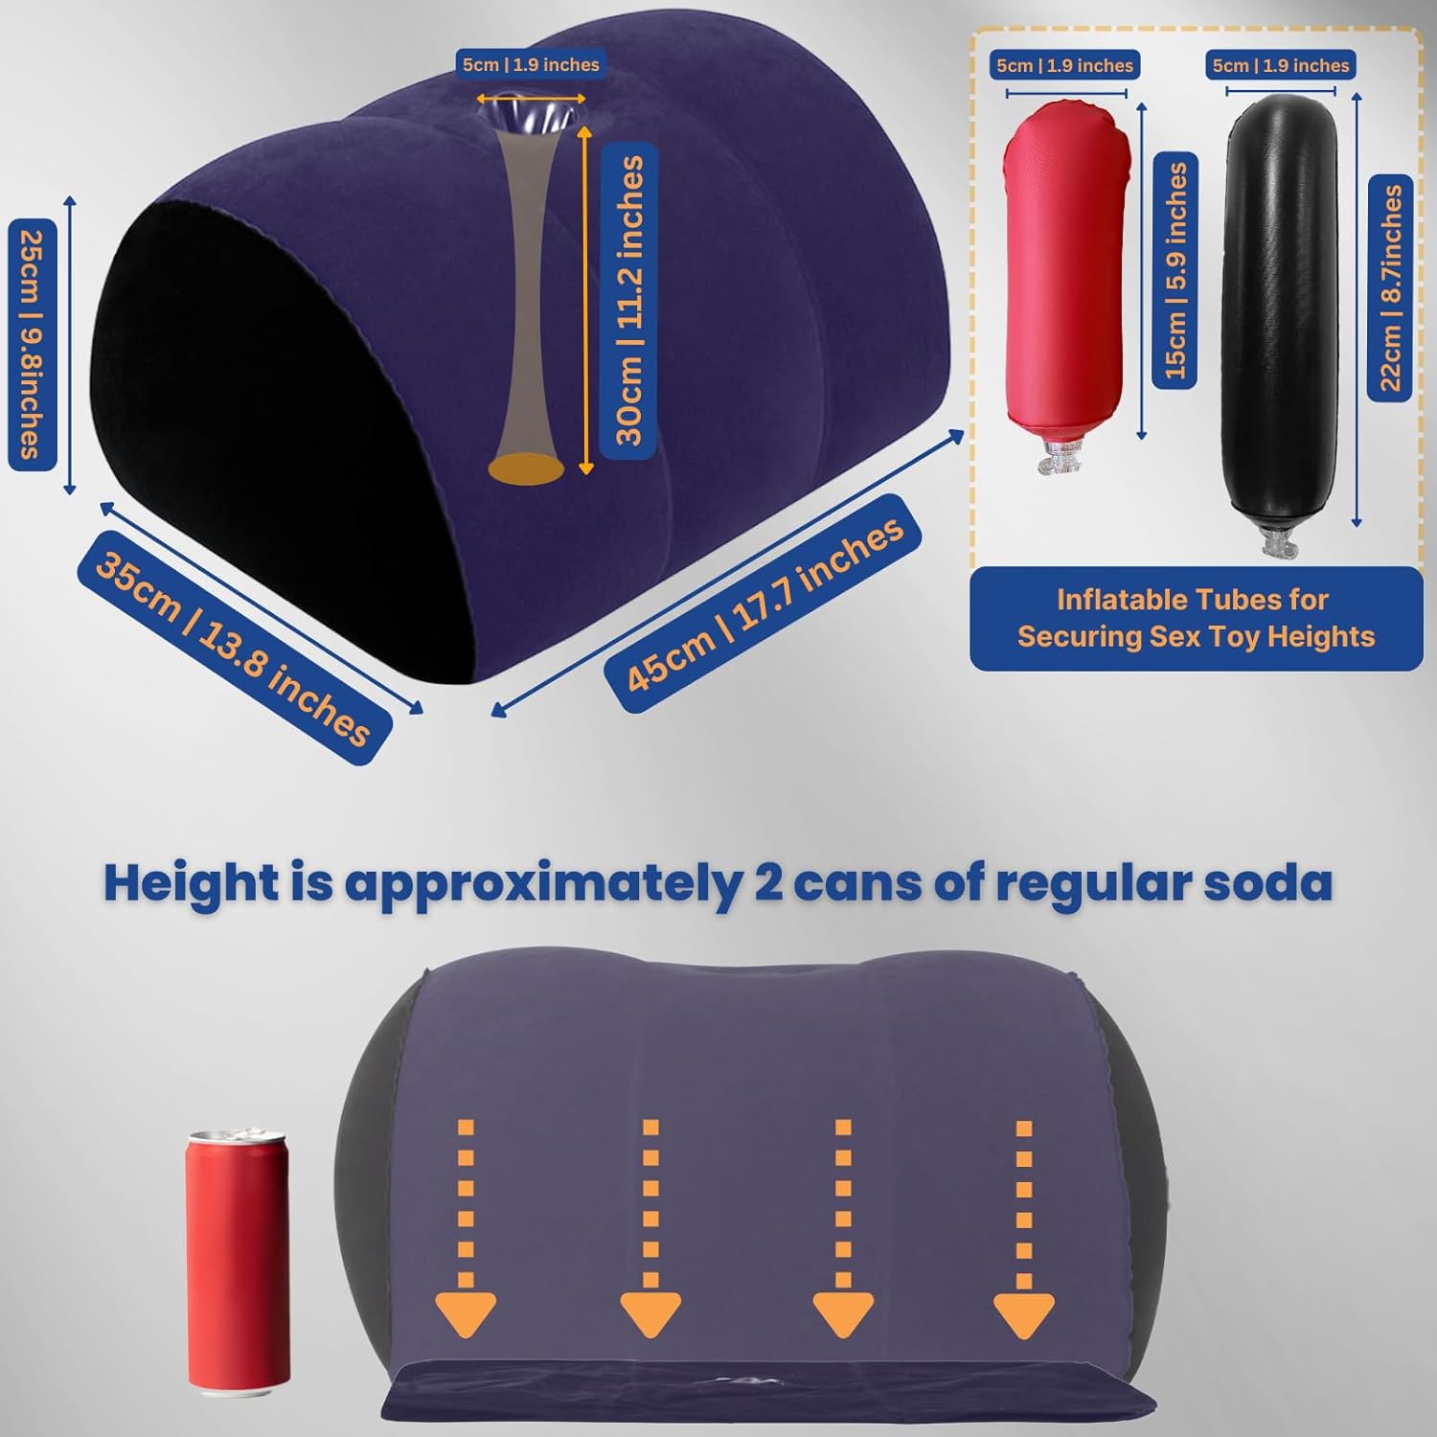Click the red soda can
[x=238, y=1259]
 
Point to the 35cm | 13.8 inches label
[x=235, y=649]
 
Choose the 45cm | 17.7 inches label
[x=763, y=604]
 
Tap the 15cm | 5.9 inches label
[x=1175, y=270]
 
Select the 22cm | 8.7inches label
[x=1390, y=287]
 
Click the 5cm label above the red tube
[x=1064, y=65]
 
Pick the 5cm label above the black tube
[x=1280, y=65]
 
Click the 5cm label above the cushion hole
[x=531, y=64]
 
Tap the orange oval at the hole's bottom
[x=526, y=468]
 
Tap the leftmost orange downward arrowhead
[x=466, y=1313]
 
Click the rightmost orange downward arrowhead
[x=1024, y=1313]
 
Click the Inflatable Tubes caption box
[x=1197, y=619]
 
